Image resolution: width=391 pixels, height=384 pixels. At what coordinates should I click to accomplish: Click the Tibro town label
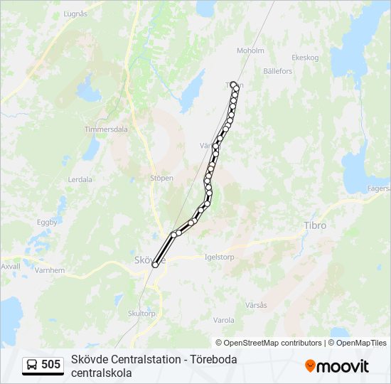point(315,225)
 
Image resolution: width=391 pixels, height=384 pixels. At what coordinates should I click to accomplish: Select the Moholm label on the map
point(250,50)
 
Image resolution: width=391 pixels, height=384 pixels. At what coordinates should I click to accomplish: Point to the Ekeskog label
point(306,58)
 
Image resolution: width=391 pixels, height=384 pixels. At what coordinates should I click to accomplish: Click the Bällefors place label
point(277,71)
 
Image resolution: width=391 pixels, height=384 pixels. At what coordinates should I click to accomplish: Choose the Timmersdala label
point(106,130)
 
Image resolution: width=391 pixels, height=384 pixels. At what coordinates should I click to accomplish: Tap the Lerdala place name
point(80,180)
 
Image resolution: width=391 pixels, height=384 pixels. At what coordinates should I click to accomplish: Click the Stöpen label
point(161,178)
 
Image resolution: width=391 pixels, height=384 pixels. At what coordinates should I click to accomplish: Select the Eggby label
point(47,222)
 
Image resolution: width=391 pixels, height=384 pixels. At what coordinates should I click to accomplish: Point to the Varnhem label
point(50,270)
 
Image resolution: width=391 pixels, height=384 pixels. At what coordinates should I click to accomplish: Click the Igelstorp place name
point(219,257)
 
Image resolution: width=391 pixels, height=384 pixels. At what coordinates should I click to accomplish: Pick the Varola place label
point(223,320)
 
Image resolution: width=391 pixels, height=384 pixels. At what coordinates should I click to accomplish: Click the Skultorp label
point(141,313)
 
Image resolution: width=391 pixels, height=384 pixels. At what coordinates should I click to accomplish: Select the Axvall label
point(11,266)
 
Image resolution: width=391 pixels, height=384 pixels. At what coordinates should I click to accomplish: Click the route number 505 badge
point(50,365)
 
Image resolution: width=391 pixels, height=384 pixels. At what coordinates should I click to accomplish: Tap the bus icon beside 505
point(32,366)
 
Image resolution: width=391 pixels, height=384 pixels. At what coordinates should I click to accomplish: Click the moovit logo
point(337,366)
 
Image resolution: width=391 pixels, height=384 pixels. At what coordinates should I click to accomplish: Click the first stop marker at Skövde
point(155,265)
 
